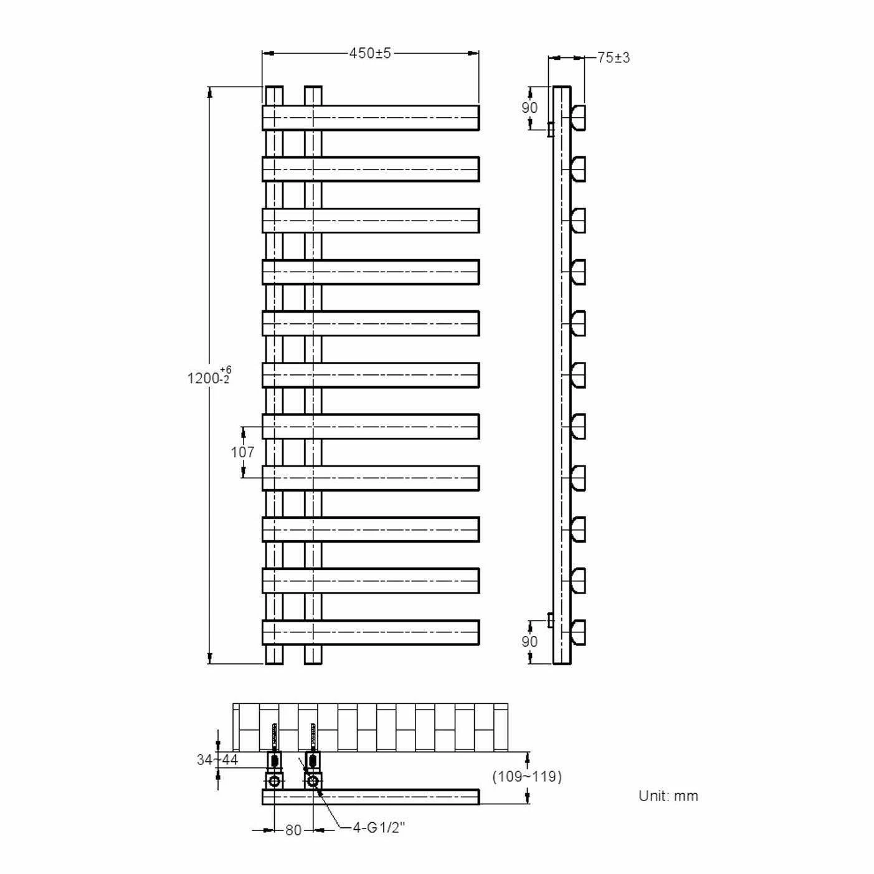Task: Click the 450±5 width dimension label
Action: tap(370, 54)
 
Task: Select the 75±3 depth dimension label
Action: tap(614, 58)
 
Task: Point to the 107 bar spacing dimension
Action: tap(243, 452)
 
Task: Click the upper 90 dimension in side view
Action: tap(530, 108)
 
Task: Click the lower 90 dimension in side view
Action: tap(530, 642)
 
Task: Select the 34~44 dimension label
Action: tap(217, 760)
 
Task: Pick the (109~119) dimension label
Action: tap(527, 777)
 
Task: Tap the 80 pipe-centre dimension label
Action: tap(293, 830)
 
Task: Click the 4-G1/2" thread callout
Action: tap(379, 827)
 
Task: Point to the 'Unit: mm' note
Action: tap(668, 796)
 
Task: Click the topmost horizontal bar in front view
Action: tap(371, 118)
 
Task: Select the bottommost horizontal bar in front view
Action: tap(371, 632)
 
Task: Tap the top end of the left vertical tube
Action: tap(274, 94)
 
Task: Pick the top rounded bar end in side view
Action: tap(578, 117)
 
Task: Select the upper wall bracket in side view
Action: tap(550, 130)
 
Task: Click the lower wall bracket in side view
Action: tap(550, 620)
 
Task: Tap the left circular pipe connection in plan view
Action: tap(274, 781)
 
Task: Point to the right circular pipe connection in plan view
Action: tap(313, 781)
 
